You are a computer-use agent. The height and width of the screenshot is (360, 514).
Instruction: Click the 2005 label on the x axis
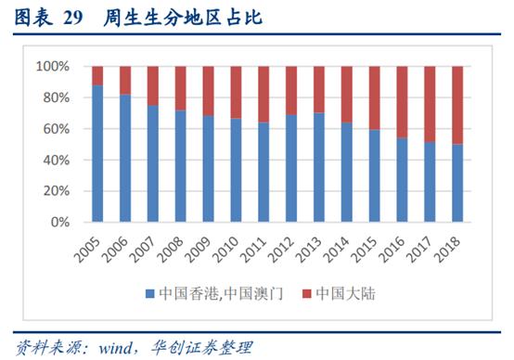(88, 246)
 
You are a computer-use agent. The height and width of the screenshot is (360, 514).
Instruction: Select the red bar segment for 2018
(457, 105)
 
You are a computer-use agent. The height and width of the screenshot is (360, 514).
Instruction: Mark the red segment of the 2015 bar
(373, 97)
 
